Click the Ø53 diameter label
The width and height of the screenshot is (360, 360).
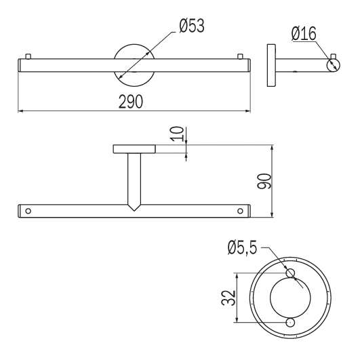coord(191,26)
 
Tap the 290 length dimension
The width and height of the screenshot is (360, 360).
coord(131,102)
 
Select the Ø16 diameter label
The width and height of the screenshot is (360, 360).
coord(304,34)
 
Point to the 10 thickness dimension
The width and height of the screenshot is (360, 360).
coord(178,134)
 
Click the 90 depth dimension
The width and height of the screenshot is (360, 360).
coord(264,181)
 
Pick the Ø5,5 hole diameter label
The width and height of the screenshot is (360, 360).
coord(242,247)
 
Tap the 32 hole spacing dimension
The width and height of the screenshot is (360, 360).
coord(228,298)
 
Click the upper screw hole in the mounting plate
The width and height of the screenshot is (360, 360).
coord(290,273)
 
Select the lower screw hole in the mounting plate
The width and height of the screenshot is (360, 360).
coord(290,323)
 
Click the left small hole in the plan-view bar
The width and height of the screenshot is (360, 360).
coord(28,211)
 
